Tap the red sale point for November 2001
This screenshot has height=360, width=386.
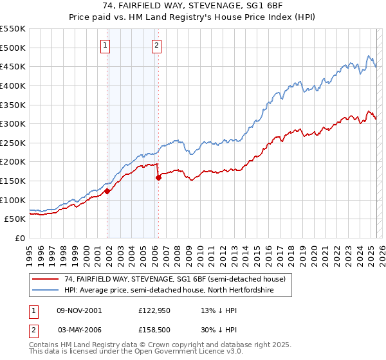107,191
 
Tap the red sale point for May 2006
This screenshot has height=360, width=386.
158,177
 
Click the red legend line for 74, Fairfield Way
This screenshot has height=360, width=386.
46,278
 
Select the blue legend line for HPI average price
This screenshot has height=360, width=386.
46,289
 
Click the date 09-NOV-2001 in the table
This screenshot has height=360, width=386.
79,310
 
